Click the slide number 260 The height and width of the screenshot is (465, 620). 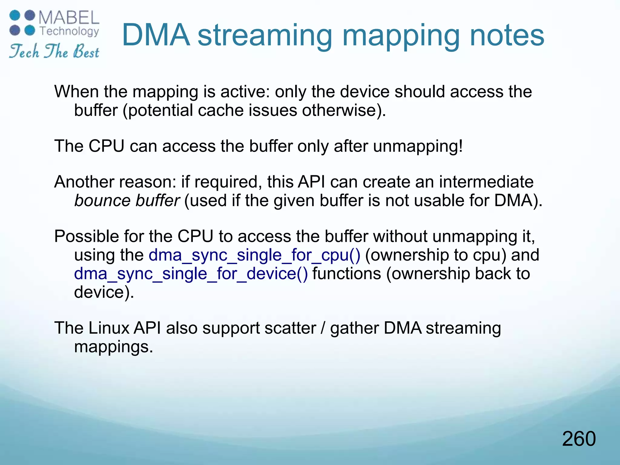579,439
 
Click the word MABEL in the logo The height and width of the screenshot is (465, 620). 69,18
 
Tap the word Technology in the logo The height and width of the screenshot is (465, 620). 69,31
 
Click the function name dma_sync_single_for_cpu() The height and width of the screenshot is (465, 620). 254,255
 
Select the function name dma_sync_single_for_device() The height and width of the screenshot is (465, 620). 191,274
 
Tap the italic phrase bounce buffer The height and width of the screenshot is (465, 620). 127,200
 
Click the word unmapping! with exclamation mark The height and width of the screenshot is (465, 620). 418,146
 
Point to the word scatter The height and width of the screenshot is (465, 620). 290,328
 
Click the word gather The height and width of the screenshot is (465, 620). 354,329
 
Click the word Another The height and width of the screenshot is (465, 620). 84,182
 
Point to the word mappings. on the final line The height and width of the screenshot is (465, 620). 114,347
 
